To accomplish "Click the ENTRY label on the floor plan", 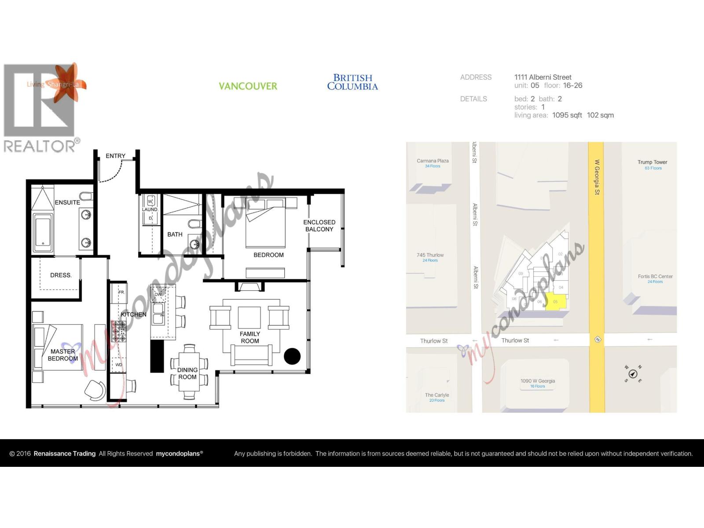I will tap(115, 156).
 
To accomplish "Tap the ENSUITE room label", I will tap(67, 202).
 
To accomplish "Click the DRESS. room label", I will tap(61, 275).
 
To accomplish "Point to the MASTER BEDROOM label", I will tap(62, 355).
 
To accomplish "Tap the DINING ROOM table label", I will tap(187, 374).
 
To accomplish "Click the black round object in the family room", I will tap(292, 356).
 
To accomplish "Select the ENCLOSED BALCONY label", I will tap(319, 226).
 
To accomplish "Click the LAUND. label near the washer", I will tap(150, 209).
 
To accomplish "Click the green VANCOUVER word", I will tap(248, 86).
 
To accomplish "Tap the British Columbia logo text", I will tap(352, 82).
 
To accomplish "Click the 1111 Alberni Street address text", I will tap(543, 77).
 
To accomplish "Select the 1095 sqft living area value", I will tap(567, 115).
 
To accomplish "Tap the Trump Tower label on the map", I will tap(652, 162).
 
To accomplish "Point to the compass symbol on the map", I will tap(633, 374).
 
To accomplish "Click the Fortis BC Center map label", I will tap(655, 277).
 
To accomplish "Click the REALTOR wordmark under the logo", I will tap(40, 146).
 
